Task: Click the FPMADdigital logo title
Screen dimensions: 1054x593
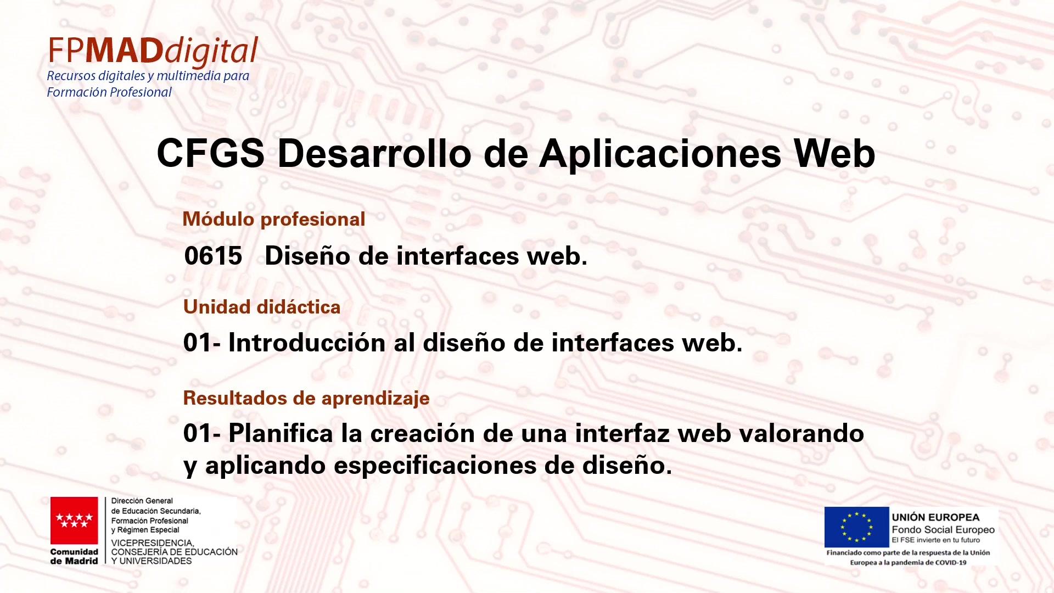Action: [153, 52]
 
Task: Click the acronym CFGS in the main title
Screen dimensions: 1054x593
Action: [211, 153]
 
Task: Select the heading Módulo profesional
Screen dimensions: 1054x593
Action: [274, 219]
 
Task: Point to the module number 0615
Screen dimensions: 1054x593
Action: [214, 256]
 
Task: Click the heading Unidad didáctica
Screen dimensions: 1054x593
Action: [262, 307]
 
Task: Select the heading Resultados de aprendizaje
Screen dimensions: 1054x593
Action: [306, 399]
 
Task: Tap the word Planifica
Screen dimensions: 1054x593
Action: [281, 434]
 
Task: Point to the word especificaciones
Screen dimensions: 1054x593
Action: [435, 466]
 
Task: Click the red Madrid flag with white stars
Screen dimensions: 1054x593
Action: [74, 521]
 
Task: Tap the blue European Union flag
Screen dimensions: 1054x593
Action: [856, 527]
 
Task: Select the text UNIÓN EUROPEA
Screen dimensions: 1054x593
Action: [936, 517]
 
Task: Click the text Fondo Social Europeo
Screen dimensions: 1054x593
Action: [943, 530]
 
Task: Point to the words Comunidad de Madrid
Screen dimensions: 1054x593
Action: [74, 556]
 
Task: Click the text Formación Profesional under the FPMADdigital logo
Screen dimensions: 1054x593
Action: [109, 92]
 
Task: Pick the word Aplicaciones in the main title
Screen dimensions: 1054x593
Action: [660, 153]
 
